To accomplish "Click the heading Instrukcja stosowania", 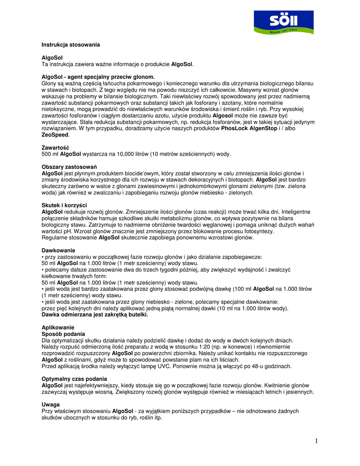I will click(71, 45).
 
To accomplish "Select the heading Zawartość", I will click(56, 147).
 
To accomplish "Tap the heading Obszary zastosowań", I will click(69, 167).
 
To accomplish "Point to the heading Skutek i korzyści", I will click(64, 205).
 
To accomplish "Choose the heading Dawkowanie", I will click(58, 250).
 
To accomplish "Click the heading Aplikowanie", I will click(58, 327).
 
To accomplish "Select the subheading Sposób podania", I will click(63, 334).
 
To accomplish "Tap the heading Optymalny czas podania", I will click(75, 379).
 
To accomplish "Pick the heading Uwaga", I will click(51, 404).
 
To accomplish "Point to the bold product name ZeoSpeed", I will click(55, 135).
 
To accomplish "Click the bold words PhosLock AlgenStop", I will click(249, 129).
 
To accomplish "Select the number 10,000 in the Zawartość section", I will click(127, 154).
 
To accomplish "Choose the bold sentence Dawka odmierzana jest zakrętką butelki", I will click(95, 314).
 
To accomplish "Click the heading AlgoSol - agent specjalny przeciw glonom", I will click(98, 77).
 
